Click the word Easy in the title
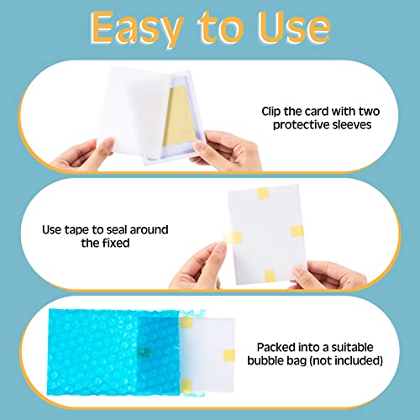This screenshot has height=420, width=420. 136,29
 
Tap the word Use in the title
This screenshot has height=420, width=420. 294,28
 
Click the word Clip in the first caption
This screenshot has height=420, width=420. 271,112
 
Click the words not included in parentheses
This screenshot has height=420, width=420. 346,360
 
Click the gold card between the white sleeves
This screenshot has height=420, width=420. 178,117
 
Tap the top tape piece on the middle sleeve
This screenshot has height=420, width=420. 263,193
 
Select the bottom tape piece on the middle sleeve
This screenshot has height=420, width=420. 270,276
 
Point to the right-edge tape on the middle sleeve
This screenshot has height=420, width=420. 297,231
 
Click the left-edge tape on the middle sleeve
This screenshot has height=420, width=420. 233,238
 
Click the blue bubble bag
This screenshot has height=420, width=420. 113,352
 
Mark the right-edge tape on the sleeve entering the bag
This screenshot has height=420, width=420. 228,355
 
